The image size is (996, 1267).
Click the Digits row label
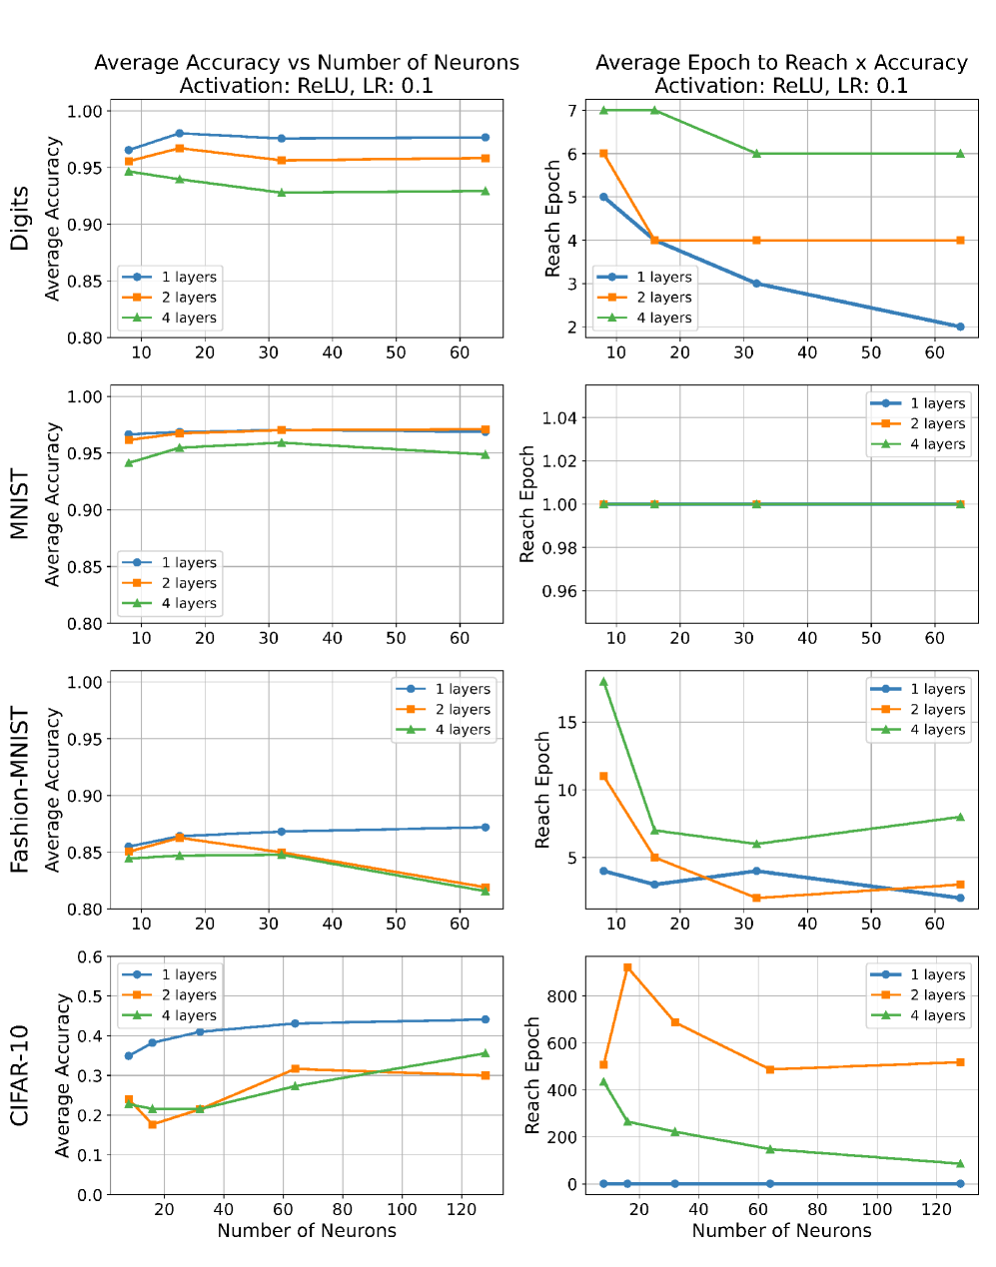click(20, 219)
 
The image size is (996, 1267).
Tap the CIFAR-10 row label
click(20, 1075)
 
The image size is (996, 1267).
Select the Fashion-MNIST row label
click(20, 790)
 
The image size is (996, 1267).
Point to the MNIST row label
click(20, 504)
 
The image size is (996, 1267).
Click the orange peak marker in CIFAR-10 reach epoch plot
click(627, 967)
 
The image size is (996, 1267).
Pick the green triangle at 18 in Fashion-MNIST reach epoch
click(603, 682)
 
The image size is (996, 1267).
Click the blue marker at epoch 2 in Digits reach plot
click(960, 326)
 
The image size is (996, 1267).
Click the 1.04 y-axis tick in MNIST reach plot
click(558, 417)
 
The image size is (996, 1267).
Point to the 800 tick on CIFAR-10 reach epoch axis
click(561, 996)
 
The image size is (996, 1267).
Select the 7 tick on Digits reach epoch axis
click(572, 110)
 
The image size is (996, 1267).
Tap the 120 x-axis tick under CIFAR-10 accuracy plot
click(461, 1209)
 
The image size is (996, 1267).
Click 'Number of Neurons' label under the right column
click(781, 1231)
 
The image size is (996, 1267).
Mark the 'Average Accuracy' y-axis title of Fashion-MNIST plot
click(53, 790)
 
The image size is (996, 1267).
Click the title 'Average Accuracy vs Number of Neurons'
click(307, 63)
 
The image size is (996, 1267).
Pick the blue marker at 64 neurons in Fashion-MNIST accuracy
click(486, 827)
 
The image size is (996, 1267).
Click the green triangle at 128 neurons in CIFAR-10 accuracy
click(486, 1053)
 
